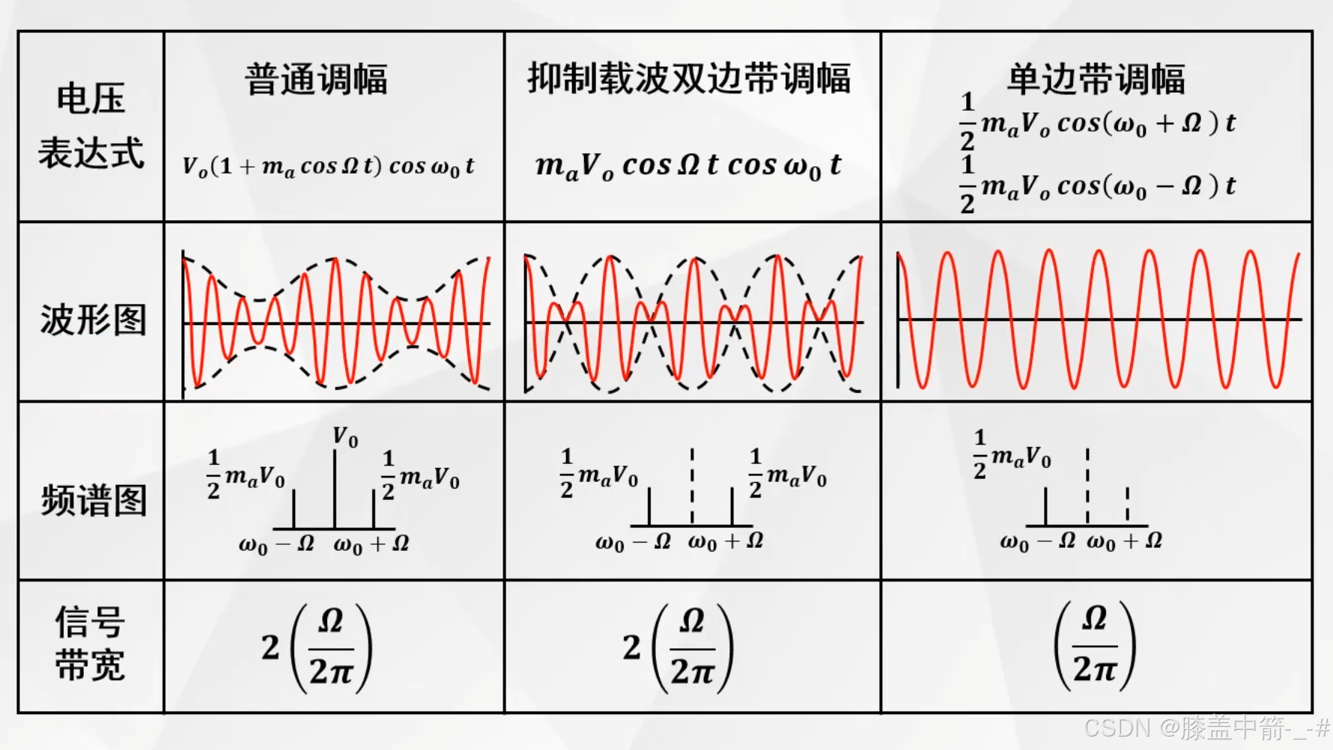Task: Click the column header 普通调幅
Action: (x=316, y=79)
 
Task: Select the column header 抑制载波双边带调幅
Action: (x=689, y=79)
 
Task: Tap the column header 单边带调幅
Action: (x=1096, y=79)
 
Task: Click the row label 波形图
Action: (x=92, y=320)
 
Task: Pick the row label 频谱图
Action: (x=93, y=500)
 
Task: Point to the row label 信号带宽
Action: (x=90, y=644)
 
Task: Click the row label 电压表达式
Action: (x=91, y=126)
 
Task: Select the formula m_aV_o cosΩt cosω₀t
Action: (x=688, y=165)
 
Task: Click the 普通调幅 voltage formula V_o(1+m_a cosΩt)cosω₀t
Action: (x=329, y=166)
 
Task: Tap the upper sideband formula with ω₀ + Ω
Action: (x=1098, y=123)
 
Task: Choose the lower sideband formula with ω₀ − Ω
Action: (x=1098, y=186)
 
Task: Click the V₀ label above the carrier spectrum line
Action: (x=345, y=436)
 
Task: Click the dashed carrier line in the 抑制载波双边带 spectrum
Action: (x=692, y=486)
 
